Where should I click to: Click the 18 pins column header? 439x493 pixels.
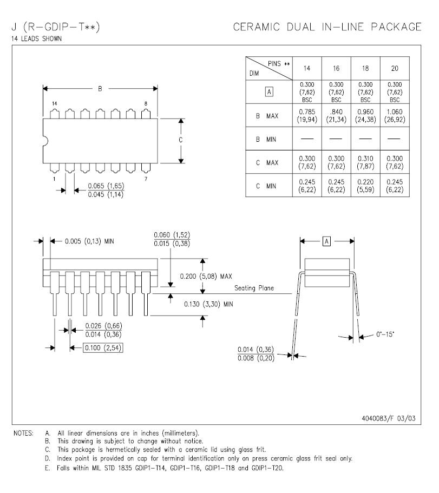(x=365, y=68)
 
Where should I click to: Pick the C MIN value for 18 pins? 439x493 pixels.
(x=365, y=185)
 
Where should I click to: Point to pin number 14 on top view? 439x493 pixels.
(x=54, y=103)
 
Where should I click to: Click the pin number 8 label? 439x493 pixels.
(x=146, y=103)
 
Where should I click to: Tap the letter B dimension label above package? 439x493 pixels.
(x=100, y=89)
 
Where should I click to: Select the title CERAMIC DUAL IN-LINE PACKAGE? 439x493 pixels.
(x=327, y=27)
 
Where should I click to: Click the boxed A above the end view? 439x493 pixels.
(x=326, y=241)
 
